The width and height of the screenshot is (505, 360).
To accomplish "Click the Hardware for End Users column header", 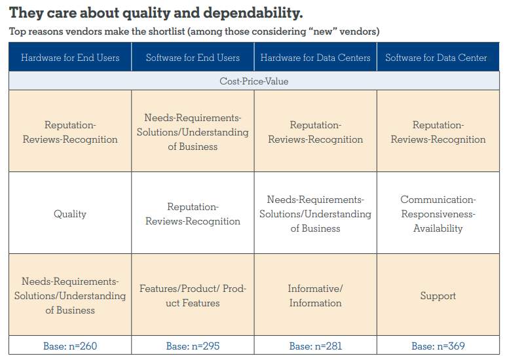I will tap(70, 58).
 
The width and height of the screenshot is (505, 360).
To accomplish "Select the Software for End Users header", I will tap(193, 58).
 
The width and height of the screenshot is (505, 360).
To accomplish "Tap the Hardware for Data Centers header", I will tap(315, 58).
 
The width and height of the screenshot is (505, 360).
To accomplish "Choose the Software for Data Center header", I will tap(436, 58).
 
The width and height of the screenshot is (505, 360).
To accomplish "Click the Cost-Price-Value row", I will tap(254, 82).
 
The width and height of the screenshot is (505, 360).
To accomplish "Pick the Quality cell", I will tap(70, 214).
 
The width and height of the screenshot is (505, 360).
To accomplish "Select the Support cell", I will tap(438, 296).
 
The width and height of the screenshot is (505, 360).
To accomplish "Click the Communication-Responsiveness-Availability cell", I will tap(438, 214).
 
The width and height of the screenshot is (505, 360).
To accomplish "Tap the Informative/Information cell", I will tap(315, 296).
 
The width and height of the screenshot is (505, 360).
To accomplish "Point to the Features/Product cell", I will tap(193, 296).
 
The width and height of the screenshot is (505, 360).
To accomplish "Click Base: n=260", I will tap(70, 346).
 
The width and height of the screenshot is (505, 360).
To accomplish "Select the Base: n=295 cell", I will tap(193, 346).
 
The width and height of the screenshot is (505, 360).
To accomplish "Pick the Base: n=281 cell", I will tap(315, 346).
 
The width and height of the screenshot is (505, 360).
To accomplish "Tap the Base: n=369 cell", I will tap(438, 346).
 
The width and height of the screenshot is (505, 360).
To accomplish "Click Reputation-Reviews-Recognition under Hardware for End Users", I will tap(70, 132).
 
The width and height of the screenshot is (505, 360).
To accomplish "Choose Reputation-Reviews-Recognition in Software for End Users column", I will tap(193, 214).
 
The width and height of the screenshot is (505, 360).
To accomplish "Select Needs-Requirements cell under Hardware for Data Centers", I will tap(315, 214).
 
